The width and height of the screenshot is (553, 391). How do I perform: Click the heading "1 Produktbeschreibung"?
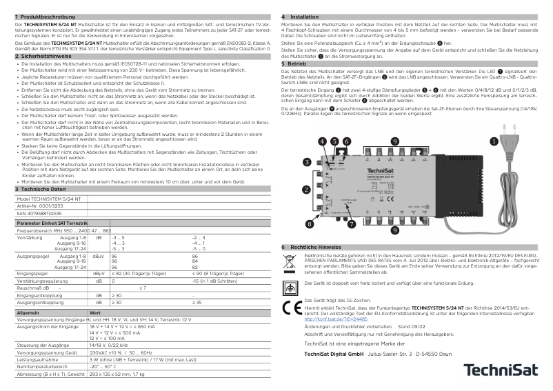point(43,15)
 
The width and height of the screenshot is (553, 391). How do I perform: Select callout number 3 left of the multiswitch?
point(286,163)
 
